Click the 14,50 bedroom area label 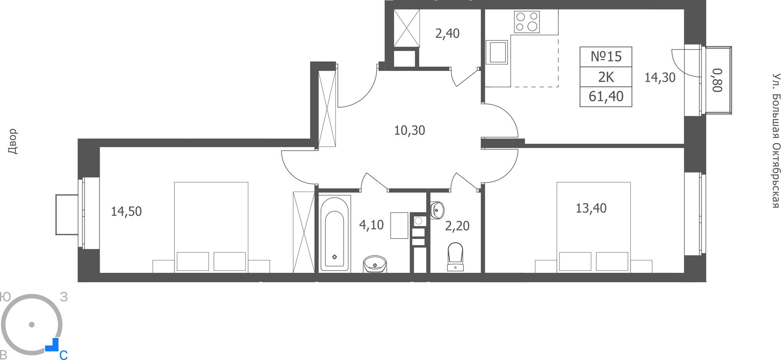[x=126, y=211]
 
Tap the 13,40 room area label [x=591, y=208]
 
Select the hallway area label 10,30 [x=409, y=130]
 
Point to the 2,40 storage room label [x=447, y=34]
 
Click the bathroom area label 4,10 [x=371, y=225]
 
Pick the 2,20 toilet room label [x=457, y=226]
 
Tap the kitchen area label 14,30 [x=660, y=77]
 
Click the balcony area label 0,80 [x=717, y=80]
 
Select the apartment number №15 [x=606, y=57]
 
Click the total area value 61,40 [x=606, y=96]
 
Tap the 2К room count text [x=606, y=77]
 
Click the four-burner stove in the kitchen [x=527, y=22]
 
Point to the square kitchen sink [x=497, y=52]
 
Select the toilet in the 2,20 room [x=455, y=256]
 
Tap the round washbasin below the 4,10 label [x=375, y=264]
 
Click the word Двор [x=13, y=141]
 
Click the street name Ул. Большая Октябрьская [x=776, y=141]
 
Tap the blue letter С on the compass [x=63, y=355]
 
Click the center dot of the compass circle [x=32, y=324]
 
